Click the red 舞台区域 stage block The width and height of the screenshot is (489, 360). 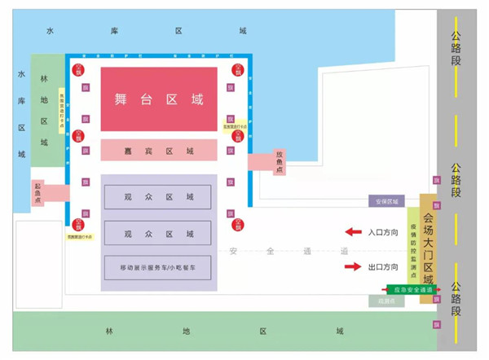coord(159,99)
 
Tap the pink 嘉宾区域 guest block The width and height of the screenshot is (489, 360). coord(159,151)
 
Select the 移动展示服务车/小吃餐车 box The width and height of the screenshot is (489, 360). coord(158,267)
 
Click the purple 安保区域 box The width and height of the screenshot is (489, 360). coord(385,201)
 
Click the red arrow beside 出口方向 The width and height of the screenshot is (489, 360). coord(353,266)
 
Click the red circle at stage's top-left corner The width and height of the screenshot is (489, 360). coord(79,68)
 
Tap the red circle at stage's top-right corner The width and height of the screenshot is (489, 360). coord(239,68)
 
